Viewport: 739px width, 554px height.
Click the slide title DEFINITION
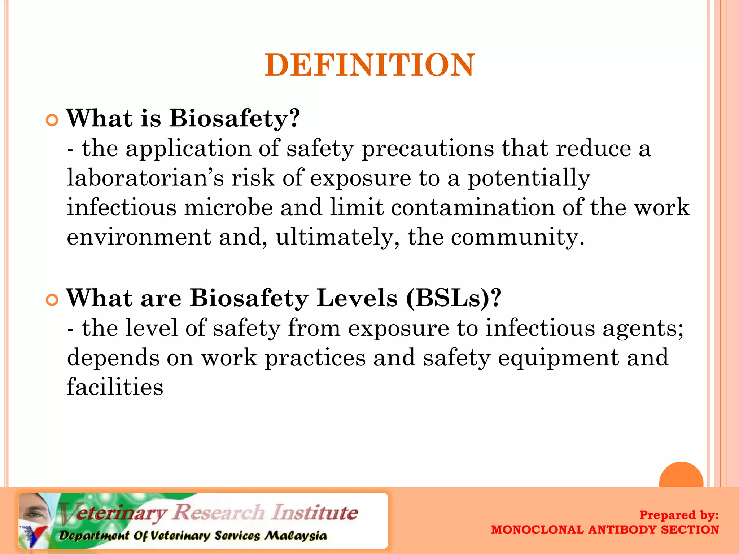pos(369,65)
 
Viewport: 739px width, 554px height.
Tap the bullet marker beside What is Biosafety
pos(52,120)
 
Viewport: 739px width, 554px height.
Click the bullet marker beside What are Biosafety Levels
pos(52,300)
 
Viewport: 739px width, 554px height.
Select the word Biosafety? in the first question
pos(235,118)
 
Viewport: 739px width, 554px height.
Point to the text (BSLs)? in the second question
pos(453,298)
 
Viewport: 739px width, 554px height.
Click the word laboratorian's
pos(145,178)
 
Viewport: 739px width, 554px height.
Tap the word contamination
pos(473,208)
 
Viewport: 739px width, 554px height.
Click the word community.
pos(517,237)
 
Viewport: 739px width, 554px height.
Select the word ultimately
pos(337,237)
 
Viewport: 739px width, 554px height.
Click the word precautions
pos(428,149)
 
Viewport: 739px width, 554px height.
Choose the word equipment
pos(558,358)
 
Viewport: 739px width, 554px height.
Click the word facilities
pos(115,387)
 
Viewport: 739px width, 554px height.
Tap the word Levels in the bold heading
pos(357,298)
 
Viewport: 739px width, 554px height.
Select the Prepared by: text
pos(679,515)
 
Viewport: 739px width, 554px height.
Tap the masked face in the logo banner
pos(34,512)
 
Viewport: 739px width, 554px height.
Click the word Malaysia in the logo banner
pos(296,536)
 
